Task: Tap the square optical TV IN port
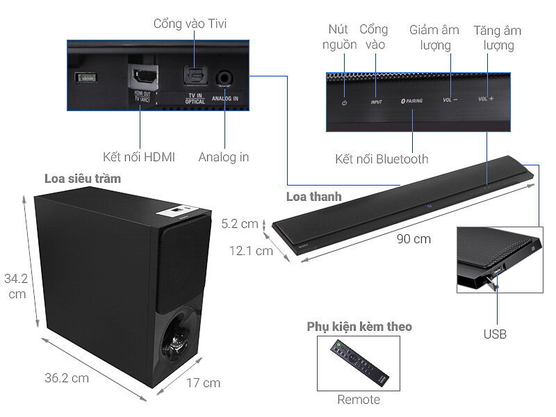coord(195,78)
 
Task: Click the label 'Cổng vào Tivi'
coord(190,24)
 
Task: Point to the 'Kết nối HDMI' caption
coord(139,157)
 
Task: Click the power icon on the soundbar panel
coord(343,103)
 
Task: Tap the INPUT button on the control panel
coord(376,102)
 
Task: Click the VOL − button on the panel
coord(450,100)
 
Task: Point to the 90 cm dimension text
coord(414,239)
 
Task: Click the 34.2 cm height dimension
coord(15,286)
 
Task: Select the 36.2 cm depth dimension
coord(67,379)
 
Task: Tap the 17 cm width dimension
coord(203,382)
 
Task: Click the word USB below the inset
coord(495,334)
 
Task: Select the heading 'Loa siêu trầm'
coord(82,179)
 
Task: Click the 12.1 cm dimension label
coord(251,251)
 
